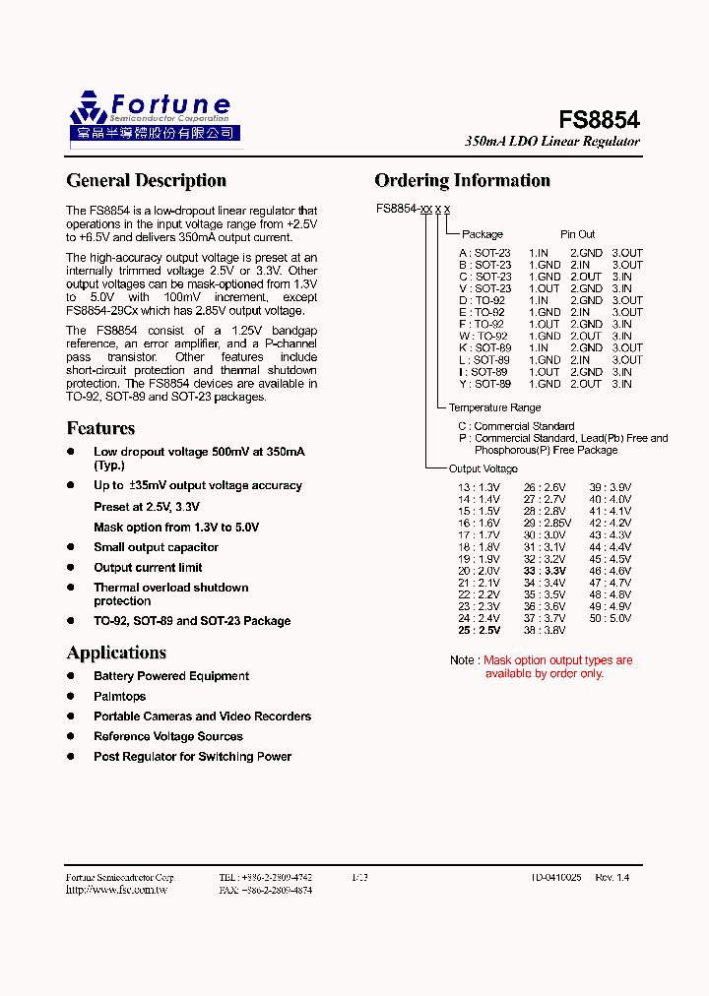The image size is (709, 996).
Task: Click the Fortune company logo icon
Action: pyautogui.click(x=88, y=108)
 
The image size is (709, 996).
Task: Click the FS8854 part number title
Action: pyautogui.click(x=599, y=120)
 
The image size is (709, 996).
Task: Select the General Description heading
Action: pyautogui.click(x=146, y=180)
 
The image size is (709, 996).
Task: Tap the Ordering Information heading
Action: pyautogui.click(x=462, y=180)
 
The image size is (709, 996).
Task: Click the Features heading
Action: pyautogui.click(x=100, y=428)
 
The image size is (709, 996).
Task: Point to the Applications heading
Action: pyautogui.click(x=116, y=653)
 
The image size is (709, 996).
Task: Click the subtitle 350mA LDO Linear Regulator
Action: pyautogui.click(x=551, y=142)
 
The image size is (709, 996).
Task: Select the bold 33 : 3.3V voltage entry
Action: pyautogui.click(x=546, y=570)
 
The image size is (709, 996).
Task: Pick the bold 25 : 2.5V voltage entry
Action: pyautogui.click(x=479, y=630)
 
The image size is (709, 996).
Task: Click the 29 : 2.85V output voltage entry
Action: pyautogui.click(x=547, y=523)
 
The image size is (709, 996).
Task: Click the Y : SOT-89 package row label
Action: pyautogui.click(x=483, y=384)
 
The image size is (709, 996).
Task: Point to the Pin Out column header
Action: pyautogui.click(x=578, y=234)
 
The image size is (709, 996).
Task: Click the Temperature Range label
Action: pyautogui.click(x=493, y=407)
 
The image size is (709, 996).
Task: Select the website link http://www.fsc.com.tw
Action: pyautogui.click(x=116, y=890)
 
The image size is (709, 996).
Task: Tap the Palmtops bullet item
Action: pyautogui.click(x=119, y=696)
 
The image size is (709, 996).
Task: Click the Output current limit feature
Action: pyautogui.click(x=148, y=567)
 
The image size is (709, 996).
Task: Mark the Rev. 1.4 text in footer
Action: pyautogui.click(x=612, y=876)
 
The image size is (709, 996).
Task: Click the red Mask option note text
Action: pyautogui.click(x=557, y=666)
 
